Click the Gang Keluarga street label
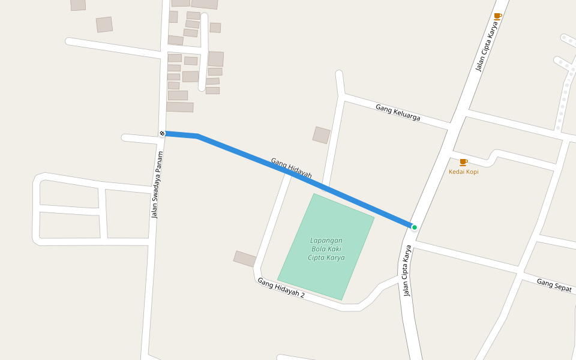tap(398, 112)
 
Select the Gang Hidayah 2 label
tap(281, 287)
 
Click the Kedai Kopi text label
tap(464, 172)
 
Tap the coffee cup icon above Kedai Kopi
tap(463, 162)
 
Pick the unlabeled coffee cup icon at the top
tap(497, 16)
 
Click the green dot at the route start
tap(414, 227)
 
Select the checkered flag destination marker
tap(162, 133)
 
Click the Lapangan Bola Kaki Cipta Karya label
tap(326, 249)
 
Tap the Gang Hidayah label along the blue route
tap(291, 168)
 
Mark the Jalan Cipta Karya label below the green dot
tap(407, 271)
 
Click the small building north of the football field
tap(321, 135)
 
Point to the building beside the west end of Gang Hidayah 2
tap(245, 259)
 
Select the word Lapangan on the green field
tap(326, 241)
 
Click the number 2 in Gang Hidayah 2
tap(302, 295)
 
